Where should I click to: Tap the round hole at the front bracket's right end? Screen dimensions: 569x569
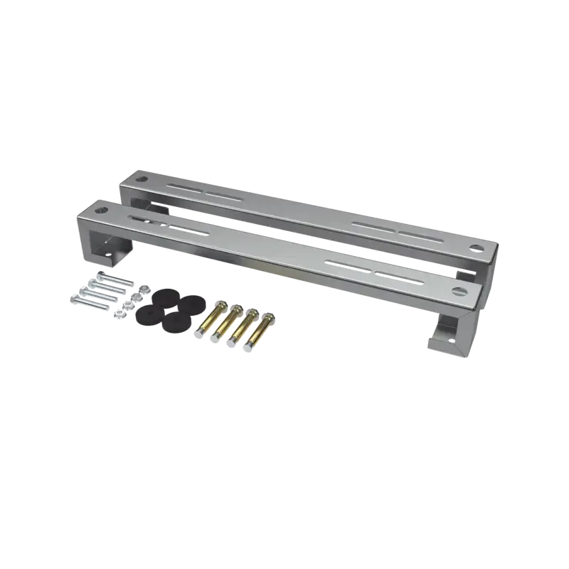pyautogui.click(x=457, y=290)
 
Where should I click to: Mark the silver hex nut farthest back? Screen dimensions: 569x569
pyautogui.click(x=142, y=289)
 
